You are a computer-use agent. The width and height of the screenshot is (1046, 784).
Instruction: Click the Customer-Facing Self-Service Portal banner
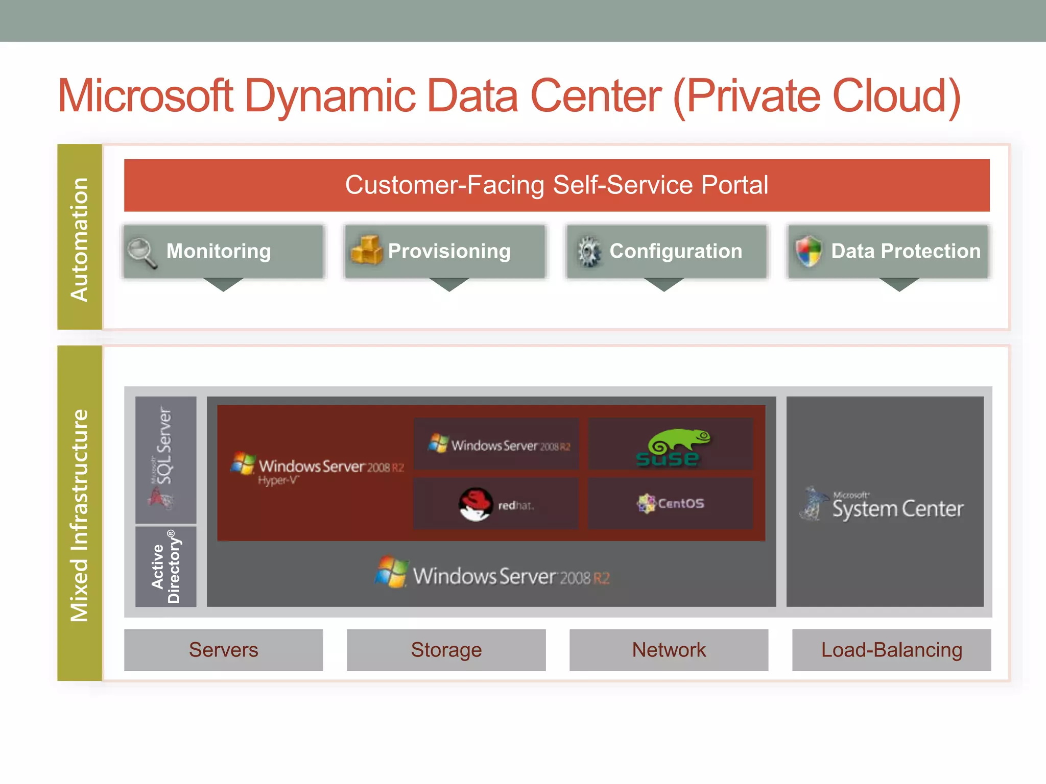tap(557, 185)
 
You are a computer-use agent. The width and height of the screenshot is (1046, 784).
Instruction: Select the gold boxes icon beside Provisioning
tap(366, 251)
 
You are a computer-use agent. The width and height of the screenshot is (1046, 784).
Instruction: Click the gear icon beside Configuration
tap(589, 251)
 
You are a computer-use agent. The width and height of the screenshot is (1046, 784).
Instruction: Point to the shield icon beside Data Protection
tap(809, 251)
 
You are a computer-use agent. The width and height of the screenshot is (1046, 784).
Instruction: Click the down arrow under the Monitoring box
tap(223, 284)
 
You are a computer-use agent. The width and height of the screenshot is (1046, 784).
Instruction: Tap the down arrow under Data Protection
tap(899, 284)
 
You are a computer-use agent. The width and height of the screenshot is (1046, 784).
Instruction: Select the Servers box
tap(223, 650)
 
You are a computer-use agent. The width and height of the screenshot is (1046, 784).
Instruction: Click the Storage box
tap(446, 650)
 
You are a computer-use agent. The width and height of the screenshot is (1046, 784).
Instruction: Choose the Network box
tap(669, 650)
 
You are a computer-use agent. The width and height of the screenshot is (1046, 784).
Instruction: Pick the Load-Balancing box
tap(891, 650)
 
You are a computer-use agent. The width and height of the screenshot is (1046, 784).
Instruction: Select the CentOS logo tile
tap(670, 503)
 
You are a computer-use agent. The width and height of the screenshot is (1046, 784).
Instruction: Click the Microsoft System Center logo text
tap(897, 508)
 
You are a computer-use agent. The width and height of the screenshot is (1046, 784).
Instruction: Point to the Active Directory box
tap(166, 567)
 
